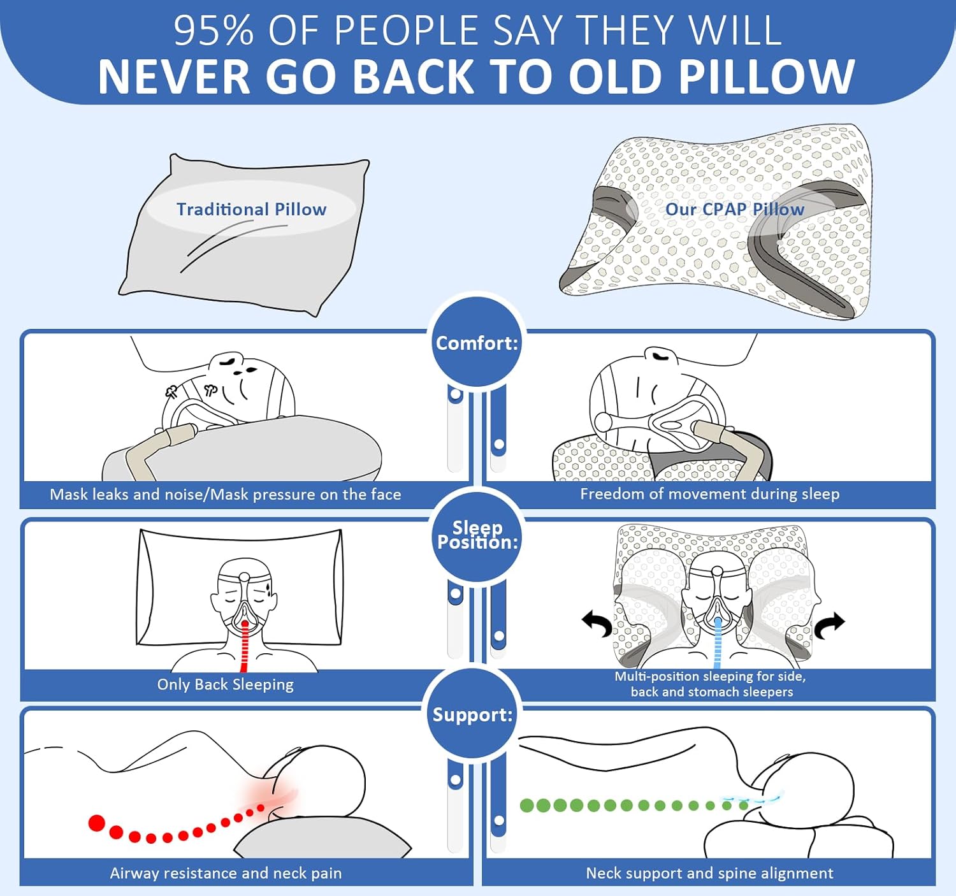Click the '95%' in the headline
214,31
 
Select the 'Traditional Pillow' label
251,209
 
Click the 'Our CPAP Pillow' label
734,209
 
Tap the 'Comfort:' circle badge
477,343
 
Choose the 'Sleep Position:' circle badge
477,535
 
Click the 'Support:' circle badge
472,714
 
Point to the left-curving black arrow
598,623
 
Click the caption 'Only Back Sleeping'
226,684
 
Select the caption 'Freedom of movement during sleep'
709,494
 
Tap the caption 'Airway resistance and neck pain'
226,873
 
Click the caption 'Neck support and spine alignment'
709,873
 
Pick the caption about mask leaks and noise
226,495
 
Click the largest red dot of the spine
97,823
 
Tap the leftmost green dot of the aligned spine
526,806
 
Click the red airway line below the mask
244,647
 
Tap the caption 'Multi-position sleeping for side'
711,676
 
